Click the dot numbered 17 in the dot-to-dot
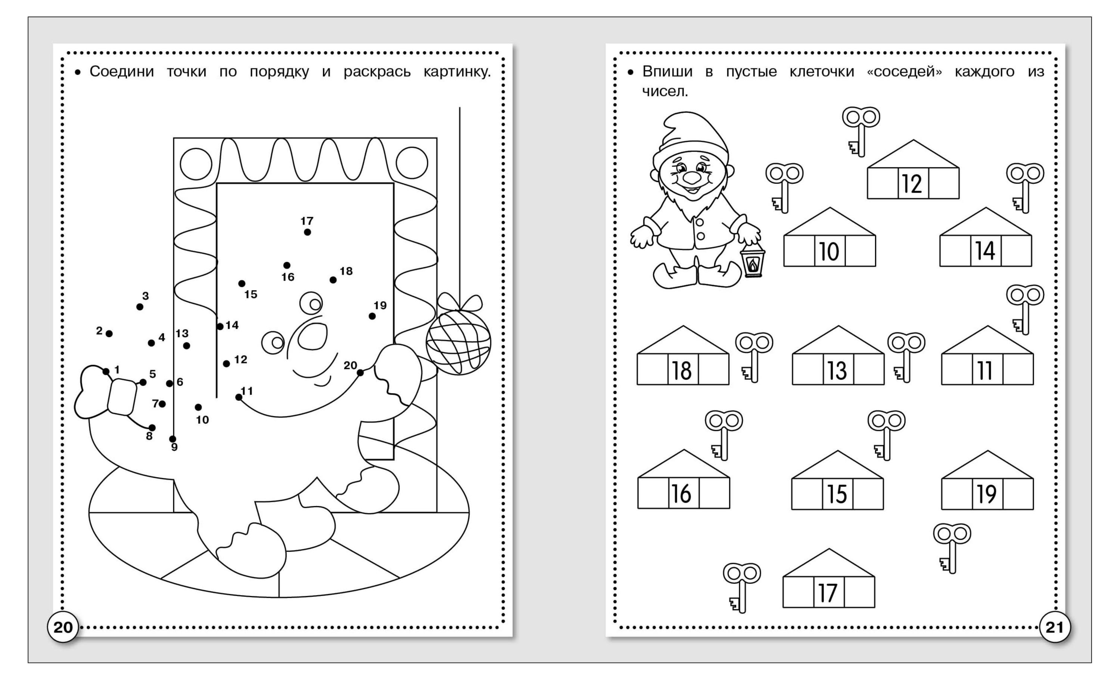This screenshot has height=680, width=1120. click(307, 232)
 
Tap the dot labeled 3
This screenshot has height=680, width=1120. click(140, 307)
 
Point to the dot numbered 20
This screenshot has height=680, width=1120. click(360, 373)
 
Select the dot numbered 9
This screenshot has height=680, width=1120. click(172, 439)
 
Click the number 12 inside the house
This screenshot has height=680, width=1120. click(912, 184)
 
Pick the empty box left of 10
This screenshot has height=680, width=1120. click(799, 251)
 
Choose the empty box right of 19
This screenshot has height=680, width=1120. click(1018, 493)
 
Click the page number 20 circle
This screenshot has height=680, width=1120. click(63, 627)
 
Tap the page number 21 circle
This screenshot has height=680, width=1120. click(1055, 627)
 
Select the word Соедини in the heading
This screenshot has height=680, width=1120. click(122, 71)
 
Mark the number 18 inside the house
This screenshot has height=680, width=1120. click(682, 370)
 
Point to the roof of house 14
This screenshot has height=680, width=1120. click(986, 222)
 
